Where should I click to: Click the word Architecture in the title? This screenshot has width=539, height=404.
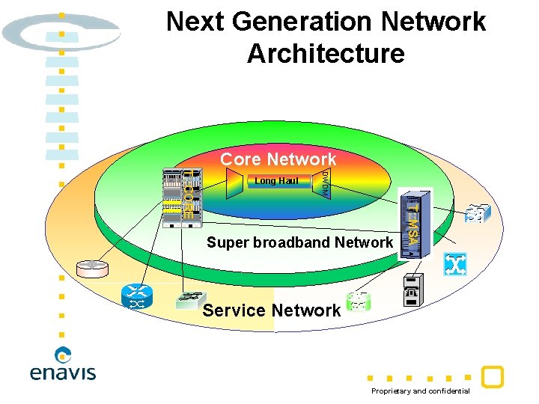326,54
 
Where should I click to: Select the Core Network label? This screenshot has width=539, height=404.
278,159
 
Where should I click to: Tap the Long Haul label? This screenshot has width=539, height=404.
276,181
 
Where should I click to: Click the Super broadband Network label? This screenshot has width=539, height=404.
299,242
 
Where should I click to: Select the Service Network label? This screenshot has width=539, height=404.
271,310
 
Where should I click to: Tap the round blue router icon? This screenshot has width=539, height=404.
137,296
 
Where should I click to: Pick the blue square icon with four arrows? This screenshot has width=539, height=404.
454,264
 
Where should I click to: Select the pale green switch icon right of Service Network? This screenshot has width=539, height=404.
359,302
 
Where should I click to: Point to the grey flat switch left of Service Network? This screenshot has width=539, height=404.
191,299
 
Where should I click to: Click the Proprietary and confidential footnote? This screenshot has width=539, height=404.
421,391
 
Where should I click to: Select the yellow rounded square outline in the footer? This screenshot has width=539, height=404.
492,377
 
